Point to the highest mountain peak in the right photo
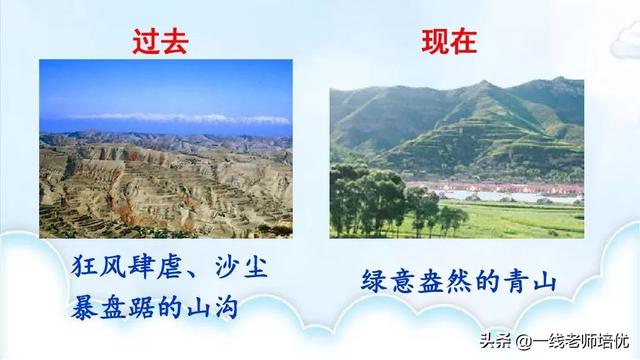[x=486, y=84]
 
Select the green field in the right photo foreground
[x=510, y=220]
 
